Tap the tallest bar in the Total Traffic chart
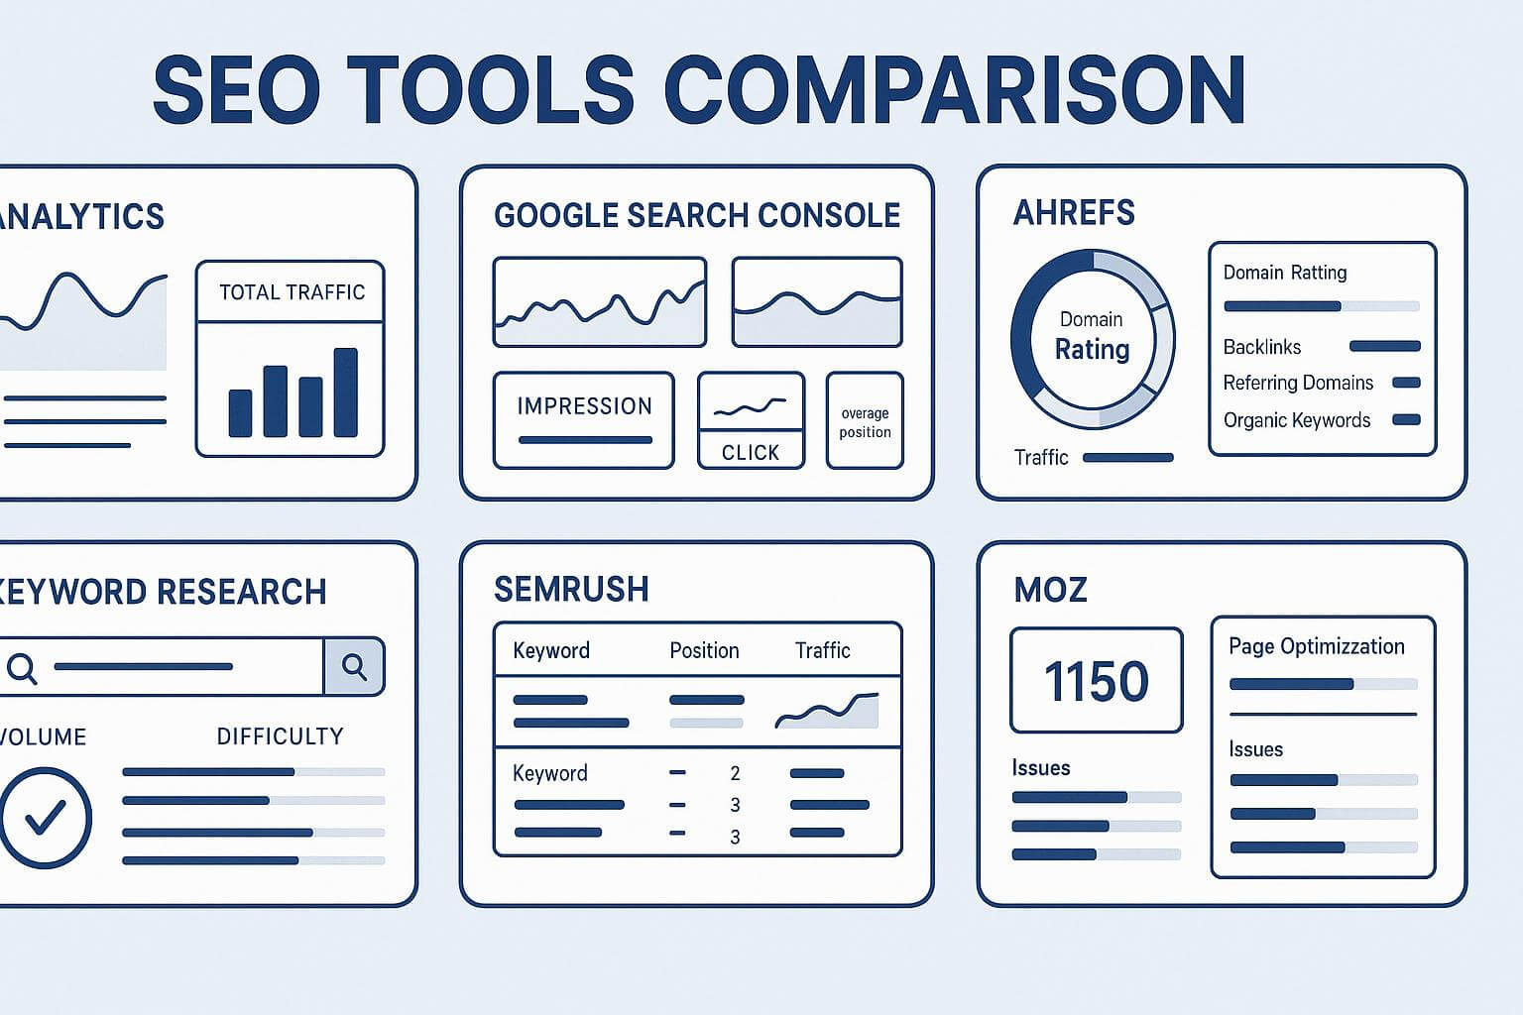345,393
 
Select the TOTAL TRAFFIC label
292,292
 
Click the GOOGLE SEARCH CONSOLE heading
697,216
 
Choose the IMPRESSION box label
584,406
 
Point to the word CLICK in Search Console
751,453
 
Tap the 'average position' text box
865,422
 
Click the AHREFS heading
1074,213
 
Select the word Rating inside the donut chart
1092,350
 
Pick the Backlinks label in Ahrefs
1261,347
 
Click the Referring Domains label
1298,383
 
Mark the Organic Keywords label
1296,420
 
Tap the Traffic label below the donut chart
1041,458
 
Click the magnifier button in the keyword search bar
354,666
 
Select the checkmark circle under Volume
45,818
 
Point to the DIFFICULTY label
280,736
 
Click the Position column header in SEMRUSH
704,651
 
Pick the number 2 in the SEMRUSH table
735,773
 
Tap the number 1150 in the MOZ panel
1096,681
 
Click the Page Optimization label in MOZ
1316,647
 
